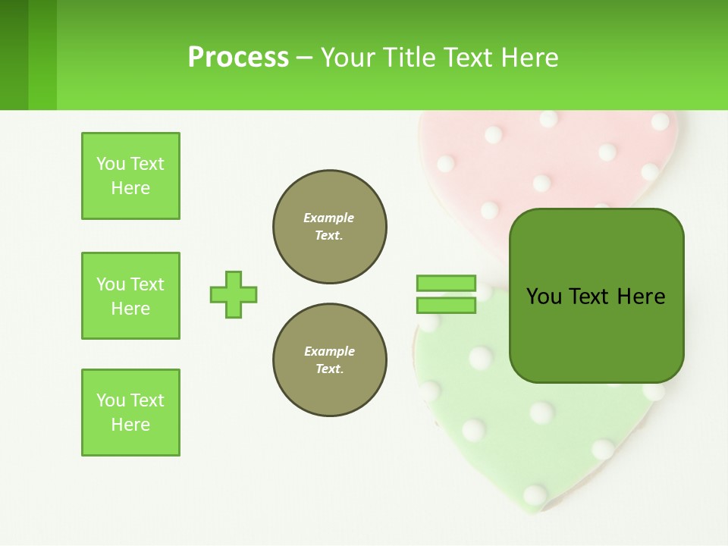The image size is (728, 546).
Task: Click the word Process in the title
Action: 238,58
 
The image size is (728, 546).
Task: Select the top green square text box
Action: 130,176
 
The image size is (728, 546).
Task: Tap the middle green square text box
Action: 130,296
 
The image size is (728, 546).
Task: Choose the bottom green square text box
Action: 130,413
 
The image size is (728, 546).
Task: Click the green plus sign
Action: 234,294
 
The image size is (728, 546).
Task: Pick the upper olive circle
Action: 330,227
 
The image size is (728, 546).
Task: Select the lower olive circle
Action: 330,360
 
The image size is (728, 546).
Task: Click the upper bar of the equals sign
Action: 446,283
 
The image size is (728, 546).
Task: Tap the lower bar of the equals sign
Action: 446,306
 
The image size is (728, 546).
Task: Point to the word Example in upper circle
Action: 329,218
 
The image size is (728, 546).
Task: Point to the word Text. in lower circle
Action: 329,369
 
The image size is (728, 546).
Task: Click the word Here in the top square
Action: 130,188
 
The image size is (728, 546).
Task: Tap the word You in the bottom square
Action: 111,400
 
